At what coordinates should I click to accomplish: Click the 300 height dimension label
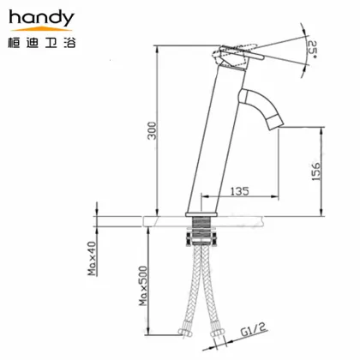tap(152, 129)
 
